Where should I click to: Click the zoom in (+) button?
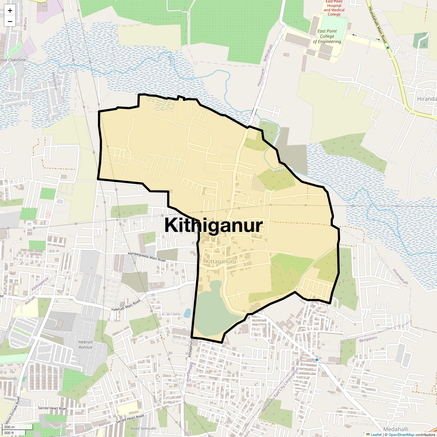click(10, 11)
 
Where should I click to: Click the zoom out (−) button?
click(10, 21)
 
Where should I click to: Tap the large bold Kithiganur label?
click(213, 225)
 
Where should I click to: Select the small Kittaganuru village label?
click(221, 261)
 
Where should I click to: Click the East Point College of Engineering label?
click(327, 36)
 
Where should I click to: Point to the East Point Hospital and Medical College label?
click(334, 8)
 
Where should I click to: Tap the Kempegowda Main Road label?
click(146, 257)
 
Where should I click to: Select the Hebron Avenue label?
click(86, 345)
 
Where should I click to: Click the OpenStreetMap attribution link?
click(401, 434)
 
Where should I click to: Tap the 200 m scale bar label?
click(9, 427)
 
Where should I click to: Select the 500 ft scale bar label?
click(9, 433)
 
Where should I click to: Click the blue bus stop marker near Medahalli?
click(317, 360)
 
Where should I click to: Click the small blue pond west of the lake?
click(187, 313)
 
